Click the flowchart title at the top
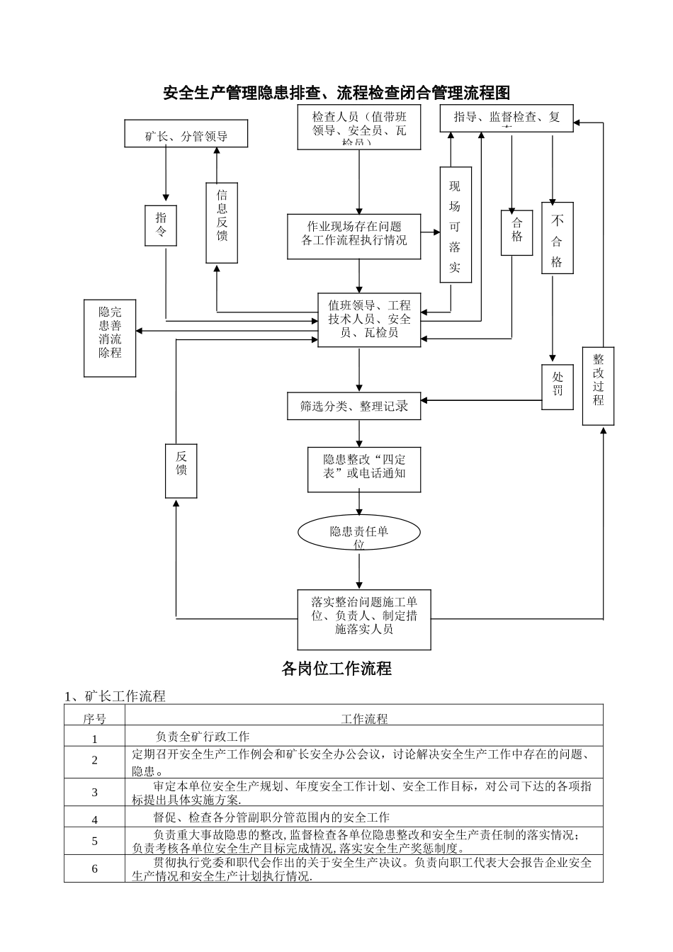[x=336, y=93]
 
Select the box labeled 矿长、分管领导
[x=186, y=134]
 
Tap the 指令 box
[x=161, y=225]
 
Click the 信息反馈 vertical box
[x=222, y=222]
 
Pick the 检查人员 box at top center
[x=359, y=128]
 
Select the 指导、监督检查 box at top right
[x=506, y=118]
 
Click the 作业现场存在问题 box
[x=354, y=234]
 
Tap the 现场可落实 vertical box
[x=455, y=225]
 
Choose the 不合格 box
[x=557, y=238]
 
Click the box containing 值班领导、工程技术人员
[x=369, y=319]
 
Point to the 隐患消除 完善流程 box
[x=110, y=338]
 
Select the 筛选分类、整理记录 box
[x=354, y=405]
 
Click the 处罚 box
[x=558, y=387]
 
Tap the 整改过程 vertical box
[x=598, y=385]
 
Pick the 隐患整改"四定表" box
[x=364, y=469]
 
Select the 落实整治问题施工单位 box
[x=364, y=619]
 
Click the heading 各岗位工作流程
[x=336, y=668]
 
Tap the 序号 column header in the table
[x=94, y=718]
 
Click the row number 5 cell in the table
[x=94, y=841]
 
